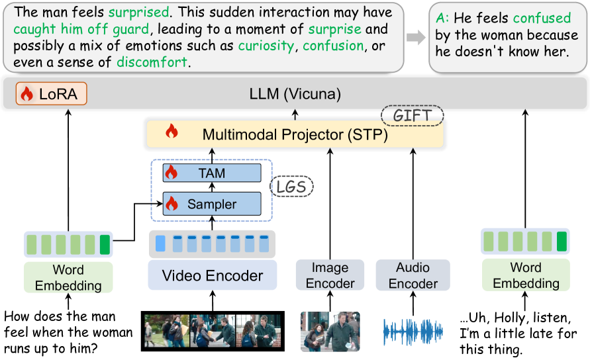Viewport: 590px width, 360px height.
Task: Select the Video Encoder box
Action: pyautogui.click(x=213, y=275)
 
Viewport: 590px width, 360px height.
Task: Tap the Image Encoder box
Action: pyautogui.click(x=330, y=275)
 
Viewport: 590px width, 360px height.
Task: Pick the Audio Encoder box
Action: pyautogui.click(x=413, y=275)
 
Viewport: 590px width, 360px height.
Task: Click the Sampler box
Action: pyautogui.click(x=211, y=204)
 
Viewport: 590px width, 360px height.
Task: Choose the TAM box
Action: pyautogui.click(x=211, y=173)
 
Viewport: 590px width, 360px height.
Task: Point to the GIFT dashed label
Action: pyautogui.click(x=413, y=116)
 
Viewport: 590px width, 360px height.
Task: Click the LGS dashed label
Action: pyautogui.click(x=291, y=187)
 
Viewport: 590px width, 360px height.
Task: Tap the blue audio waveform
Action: pyautogui.click(x=412, y=331)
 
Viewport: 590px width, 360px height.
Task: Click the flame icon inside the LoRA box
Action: pyautogui.click(x=27, y=95)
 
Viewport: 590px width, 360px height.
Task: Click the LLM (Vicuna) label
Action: pyautogui.click(x=294, y=95)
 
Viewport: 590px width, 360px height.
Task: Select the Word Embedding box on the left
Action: pyautogui.click(x=69, y=277)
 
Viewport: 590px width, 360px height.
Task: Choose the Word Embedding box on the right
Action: pyautogui.click(x=525, y=275)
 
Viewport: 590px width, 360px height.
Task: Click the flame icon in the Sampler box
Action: pyautogui.click(x=172, y=204)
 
